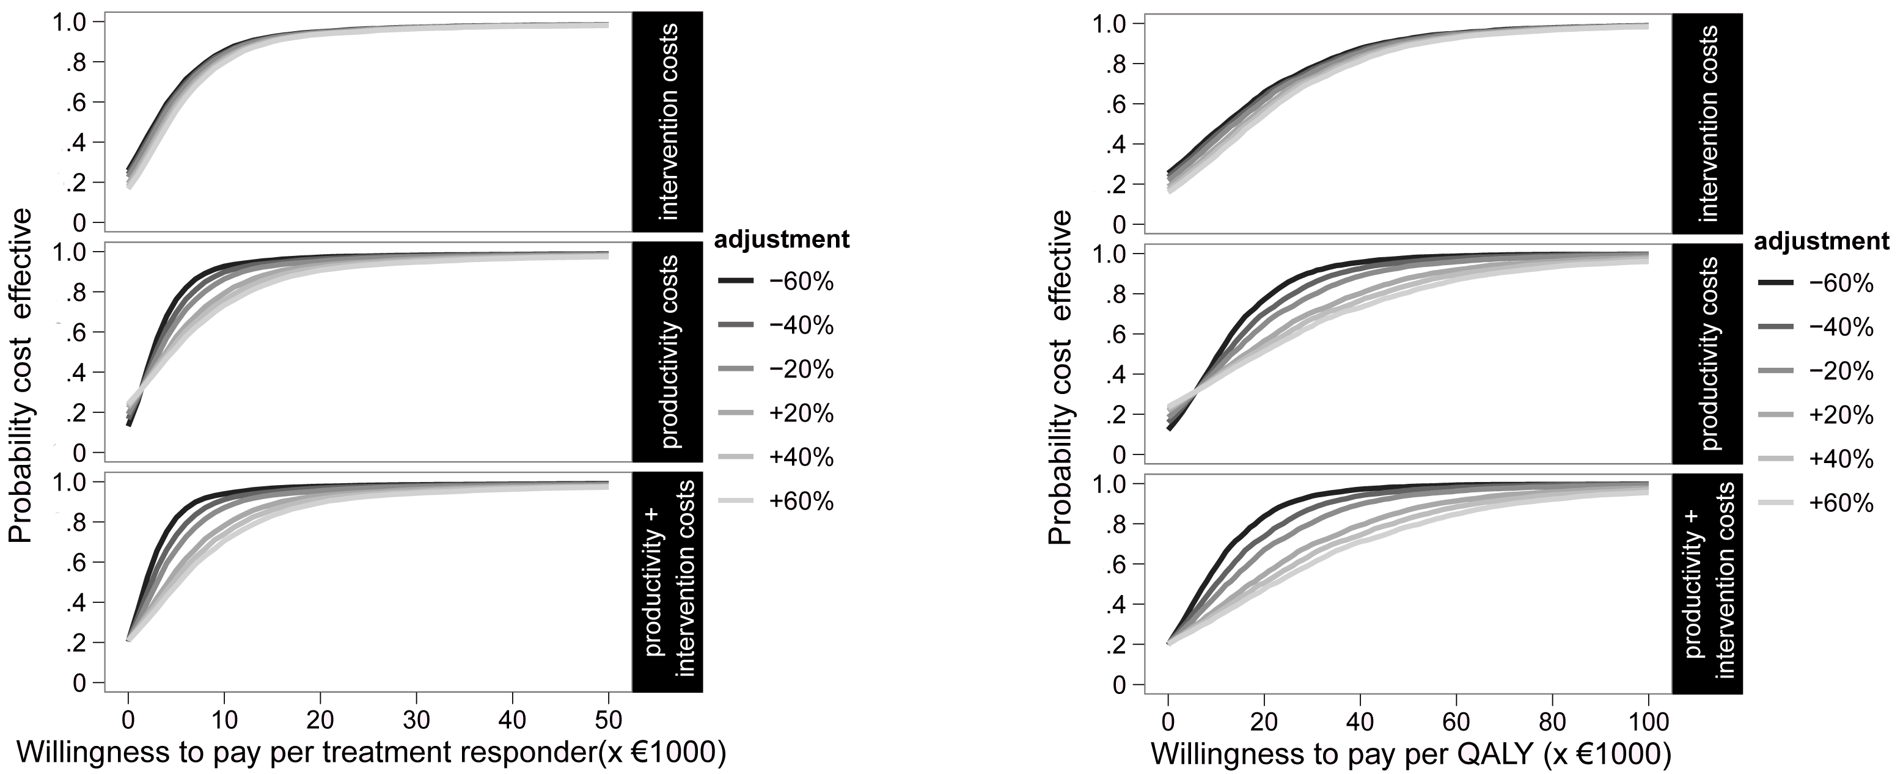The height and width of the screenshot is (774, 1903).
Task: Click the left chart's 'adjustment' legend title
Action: [x=782, y=240]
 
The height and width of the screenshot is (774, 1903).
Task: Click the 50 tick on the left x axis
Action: [x=608, y=720]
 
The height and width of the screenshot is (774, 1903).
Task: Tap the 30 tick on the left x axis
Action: [x=416, y=720]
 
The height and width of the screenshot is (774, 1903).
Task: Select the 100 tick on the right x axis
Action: [x=1648, y=721]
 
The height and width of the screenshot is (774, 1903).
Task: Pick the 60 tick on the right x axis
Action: [x=1456, y=721]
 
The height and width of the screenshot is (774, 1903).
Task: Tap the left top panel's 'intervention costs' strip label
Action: [x=668, y=123]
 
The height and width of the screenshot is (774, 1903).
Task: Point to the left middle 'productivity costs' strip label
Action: [x=668, y=353]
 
